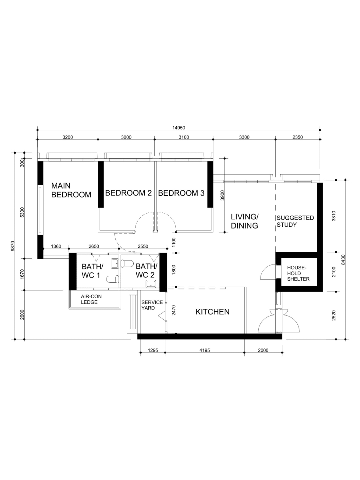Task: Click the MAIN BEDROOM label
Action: [71, 190]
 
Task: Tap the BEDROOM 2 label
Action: [128, 193]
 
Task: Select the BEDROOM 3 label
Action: [181, 193]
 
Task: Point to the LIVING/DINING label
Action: [245, 221]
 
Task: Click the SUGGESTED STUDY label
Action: [295, 221]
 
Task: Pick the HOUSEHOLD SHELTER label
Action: [298, 274]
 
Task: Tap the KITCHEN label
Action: [212, 312]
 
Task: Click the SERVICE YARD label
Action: [152, 305]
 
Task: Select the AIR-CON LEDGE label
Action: [91, 299]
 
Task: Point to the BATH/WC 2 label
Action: [146, 271]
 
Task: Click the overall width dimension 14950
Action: [178, 128]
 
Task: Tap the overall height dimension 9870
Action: [13, 246]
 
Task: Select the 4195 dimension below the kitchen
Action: [204, 350]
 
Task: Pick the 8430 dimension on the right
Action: [344, 260]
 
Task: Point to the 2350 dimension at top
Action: [297, 137]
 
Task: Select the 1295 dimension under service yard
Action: [153, 350]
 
